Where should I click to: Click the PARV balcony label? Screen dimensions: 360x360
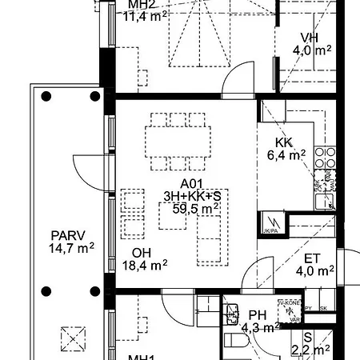pos(68,236)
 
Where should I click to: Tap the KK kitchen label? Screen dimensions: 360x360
pos(284,143)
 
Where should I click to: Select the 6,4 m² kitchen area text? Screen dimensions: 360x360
pos(286,156)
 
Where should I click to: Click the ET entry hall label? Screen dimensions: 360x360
pos(314,258)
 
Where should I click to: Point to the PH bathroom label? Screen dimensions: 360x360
pos(257,315)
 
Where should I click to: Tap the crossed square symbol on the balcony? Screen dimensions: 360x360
pos(74,338)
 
